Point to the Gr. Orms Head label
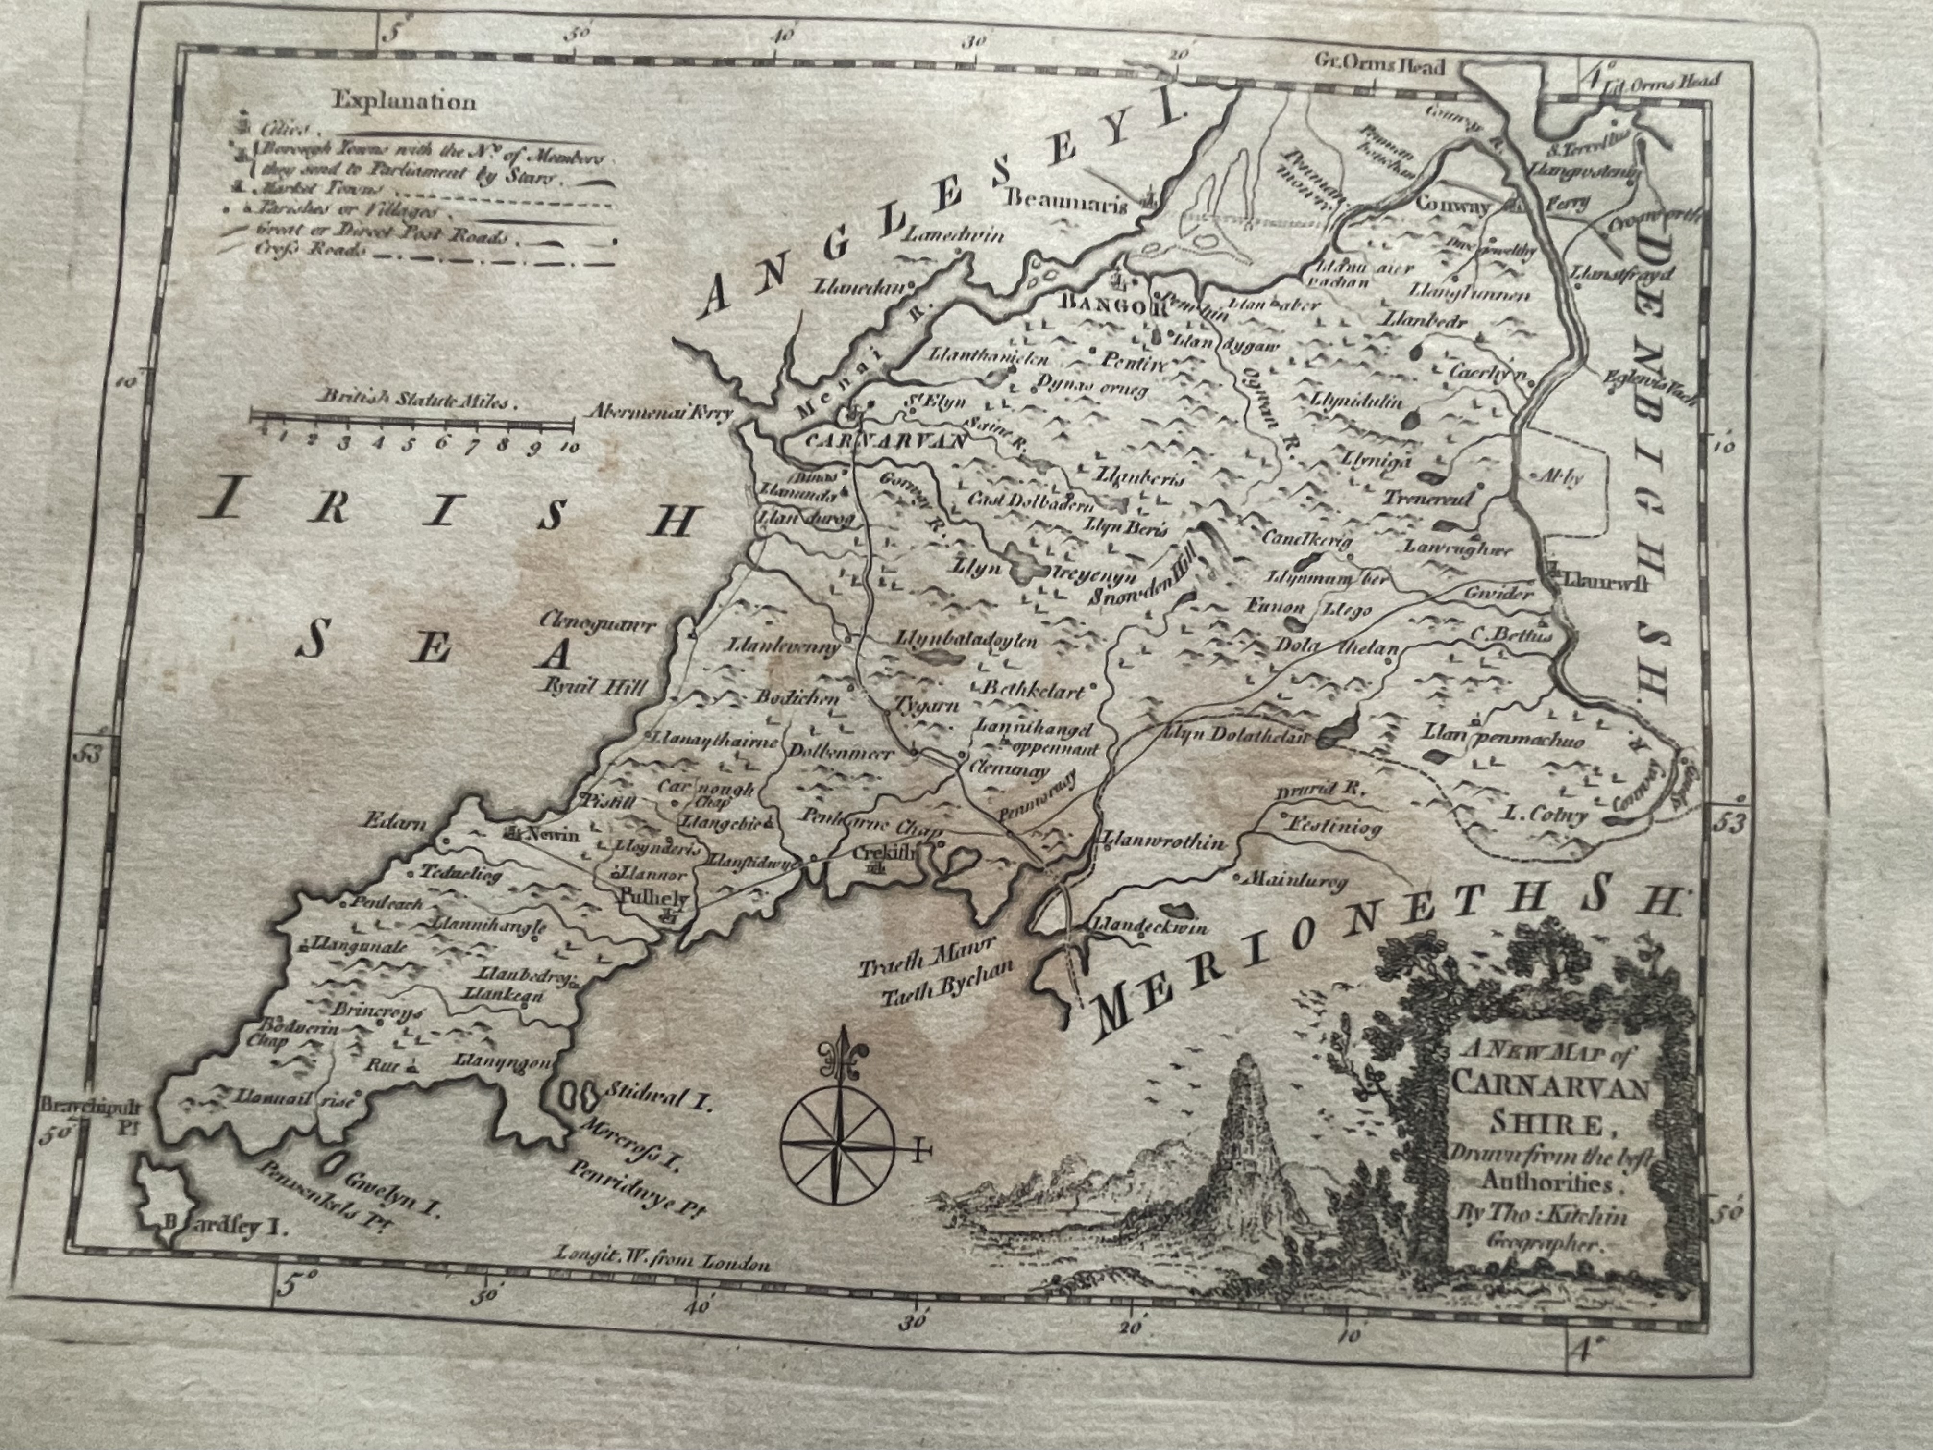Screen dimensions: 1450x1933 pos(1381,65)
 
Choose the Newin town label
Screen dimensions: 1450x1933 pos(551,835)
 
